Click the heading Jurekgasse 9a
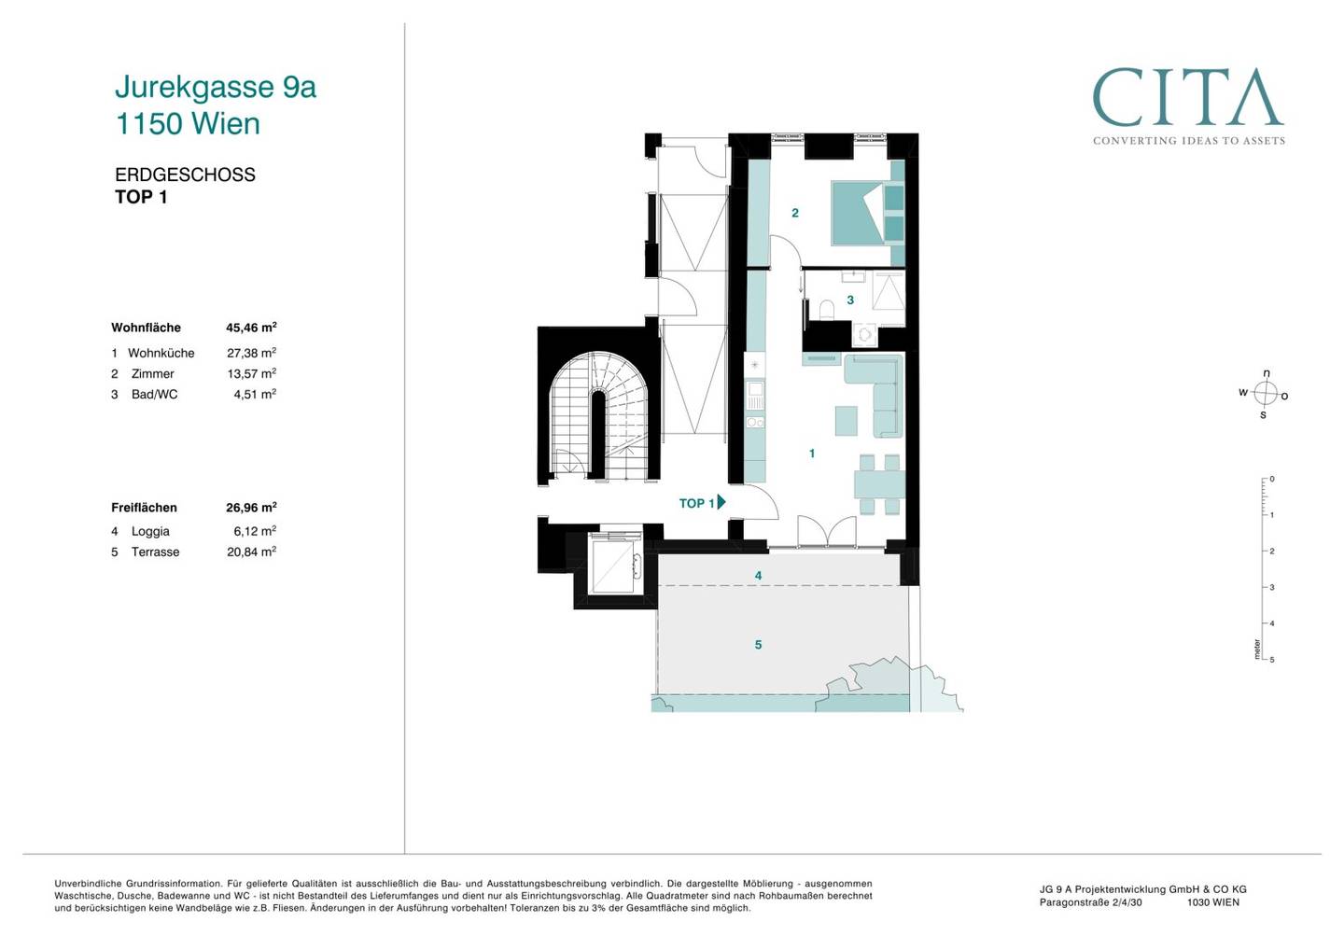click(x=216, y=87)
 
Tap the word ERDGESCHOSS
click(x=185, y=175)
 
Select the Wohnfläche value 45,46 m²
click(x=251, y=328)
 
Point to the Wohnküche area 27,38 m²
click(x=251, y=353)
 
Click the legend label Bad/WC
click(x=154, y=395)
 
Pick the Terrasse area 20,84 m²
click(x=251, y=552)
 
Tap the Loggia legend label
click(x=150, y=531)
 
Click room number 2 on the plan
click(x=795, y=213)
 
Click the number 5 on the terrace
click(x=759, y=645)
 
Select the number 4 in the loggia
click(x=759, y=576)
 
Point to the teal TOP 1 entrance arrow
click(x=721, y=502)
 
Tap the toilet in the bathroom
click(x=827, y=310)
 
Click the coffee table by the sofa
click(x=847, y=421)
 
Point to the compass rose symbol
click(x=1265, y=394)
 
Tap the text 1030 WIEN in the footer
click(x=1212, y=902)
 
